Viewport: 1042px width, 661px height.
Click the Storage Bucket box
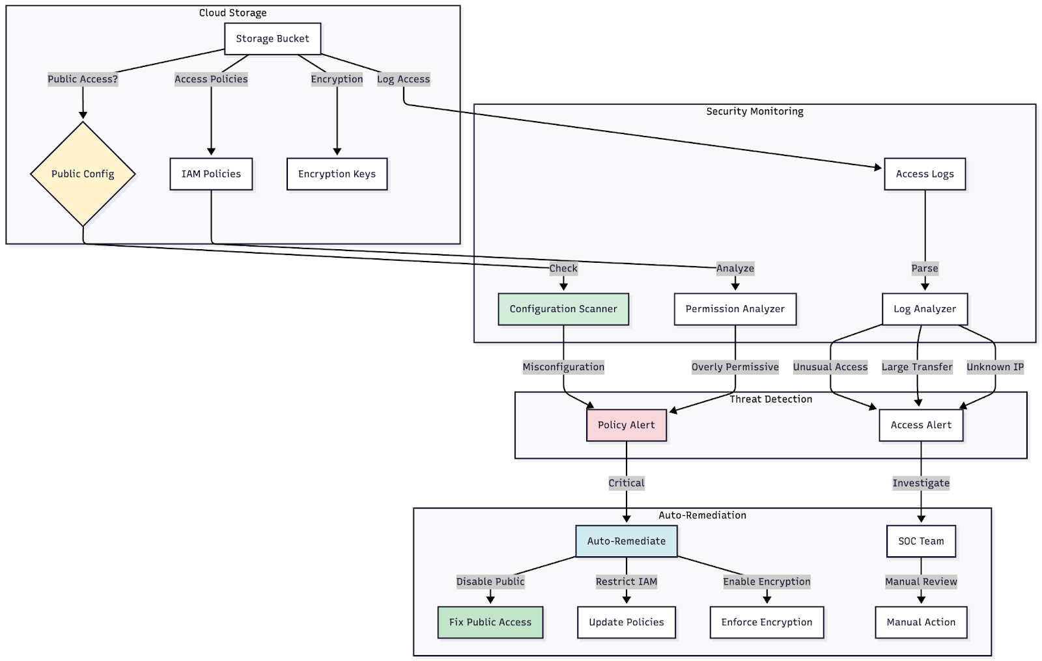(272, 39)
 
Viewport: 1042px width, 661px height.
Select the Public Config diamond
(83, 174)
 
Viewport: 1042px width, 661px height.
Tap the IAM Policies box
(211, 174)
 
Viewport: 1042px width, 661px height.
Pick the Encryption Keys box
(337, 174)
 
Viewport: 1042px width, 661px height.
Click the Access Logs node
(924, 174)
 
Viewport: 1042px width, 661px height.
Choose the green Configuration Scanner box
(563, 309)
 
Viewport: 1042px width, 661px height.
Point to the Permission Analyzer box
(735, 309)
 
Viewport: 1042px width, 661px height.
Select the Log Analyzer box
(924, 309)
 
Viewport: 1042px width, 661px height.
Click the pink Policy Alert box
(626, 425)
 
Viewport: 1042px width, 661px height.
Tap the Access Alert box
(920, 425)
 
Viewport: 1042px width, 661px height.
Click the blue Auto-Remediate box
(626, 541)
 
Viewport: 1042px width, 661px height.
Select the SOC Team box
(920, 541)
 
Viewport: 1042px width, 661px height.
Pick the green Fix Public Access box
(490, 623)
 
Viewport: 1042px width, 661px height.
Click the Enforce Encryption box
(767, 623)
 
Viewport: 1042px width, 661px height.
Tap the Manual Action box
(920, 623)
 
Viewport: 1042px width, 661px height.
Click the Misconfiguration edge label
(563, 367)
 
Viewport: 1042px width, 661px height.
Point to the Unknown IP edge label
(994, 367)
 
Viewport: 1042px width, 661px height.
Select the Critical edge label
(626, 483)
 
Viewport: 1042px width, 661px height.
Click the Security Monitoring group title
(754, 111)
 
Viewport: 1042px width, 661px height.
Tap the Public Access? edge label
(83, 79)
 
